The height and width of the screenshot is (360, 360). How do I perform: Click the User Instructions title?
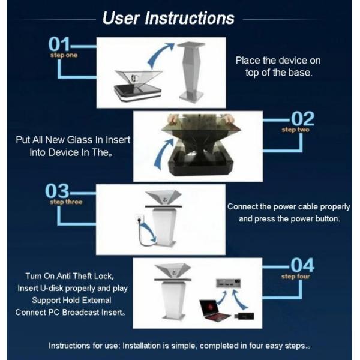pos(168,18)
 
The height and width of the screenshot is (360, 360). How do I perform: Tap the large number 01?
pos(59,44)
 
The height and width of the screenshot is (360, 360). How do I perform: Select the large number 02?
pos(302,119)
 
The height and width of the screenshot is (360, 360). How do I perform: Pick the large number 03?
pos(57,191)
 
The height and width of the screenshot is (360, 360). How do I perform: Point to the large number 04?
pos(302,265)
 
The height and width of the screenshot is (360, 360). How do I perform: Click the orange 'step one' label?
pos(64,55)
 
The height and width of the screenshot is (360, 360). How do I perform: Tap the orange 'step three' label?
pos(66,202)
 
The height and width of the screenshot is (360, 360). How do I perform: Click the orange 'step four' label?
pos(296,277)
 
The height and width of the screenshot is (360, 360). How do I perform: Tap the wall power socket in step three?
pos(139,219)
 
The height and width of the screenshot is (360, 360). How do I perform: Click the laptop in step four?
pos(214,310)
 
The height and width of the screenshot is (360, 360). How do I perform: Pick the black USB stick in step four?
pos(244,316)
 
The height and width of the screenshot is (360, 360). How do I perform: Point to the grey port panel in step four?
pos(228,283)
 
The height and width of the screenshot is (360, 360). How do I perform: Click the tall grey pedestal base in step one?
pos(191,71)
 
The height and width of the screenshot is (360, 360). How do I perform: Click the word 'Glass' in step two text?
pos(80,140)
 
